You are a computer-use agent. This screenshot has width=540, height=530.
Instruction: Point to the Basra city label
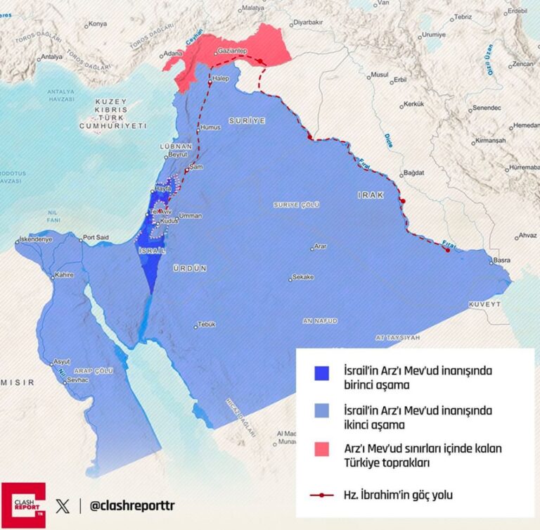pos(501,260)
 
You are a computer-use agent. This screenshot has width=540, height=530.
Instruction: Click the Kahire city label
pos(64,275)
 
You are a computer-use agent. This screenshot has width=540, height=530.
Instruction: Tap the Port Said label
pos(96,238)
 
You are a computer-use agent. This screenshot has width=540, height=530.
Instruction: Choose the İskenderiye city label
pos(35,239)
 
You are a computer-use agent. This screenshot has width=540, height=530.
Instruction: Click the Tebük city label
pos(206,324)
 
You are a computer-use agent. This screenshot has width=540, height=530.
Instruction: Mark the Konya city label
pos(98,24)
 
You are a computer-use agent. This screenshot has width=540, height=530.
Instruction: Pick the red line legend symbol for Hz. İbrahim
pos(322,495)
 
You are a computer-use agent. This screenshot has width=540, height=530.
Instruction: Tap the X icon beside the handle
pos(64,505)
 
